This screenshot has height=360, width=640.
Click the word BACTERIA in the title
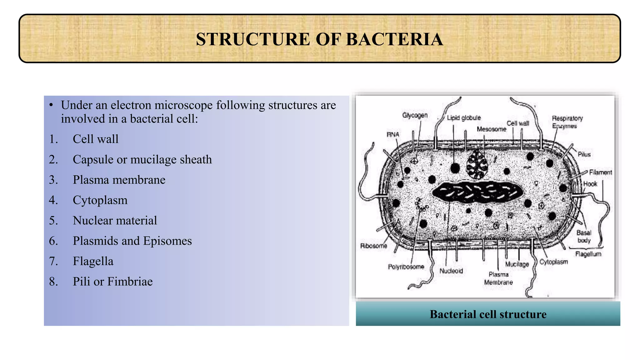tap(394, 39)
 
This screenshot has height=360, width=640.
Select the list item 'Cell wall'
tap(96, 139)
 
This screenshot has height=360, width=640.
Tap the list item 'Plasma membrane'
tap(119, 180)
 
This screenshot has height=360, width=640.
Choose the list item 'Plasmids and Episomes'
tap(132, 241)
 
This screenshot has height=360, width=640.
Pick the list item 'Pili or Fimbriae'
tap(113, 282)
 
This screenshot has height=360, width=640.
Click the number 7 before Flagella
tap(53, 261)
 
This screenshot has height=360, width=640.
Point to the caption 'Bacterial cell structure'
tap(488, 314)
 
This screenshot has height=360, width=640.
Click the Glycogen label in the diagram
tap(415, 115)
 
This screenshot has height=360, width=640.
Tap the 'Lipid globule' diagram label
tap(464, 118)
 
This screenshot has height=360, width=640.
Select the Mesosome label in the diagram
tap(491, 129)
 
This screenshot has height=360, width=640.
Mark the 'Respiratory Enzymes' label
tap(567, 122)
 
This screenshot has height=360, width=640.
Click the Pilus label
tap(584, 154)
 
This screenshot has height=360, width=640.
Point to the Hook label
tap(590, 184)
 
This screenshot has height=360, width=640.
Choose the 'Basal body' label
tap(584, 236)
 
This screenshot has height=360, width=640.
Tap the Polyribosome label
tap(406, 267)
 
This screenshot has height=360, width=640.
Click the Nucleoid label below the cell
tap(451, 271)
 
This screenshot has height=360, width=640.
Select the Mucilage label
tap(517, 264)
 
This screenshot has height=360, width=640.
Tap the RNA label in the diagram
tap(393, 135)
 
